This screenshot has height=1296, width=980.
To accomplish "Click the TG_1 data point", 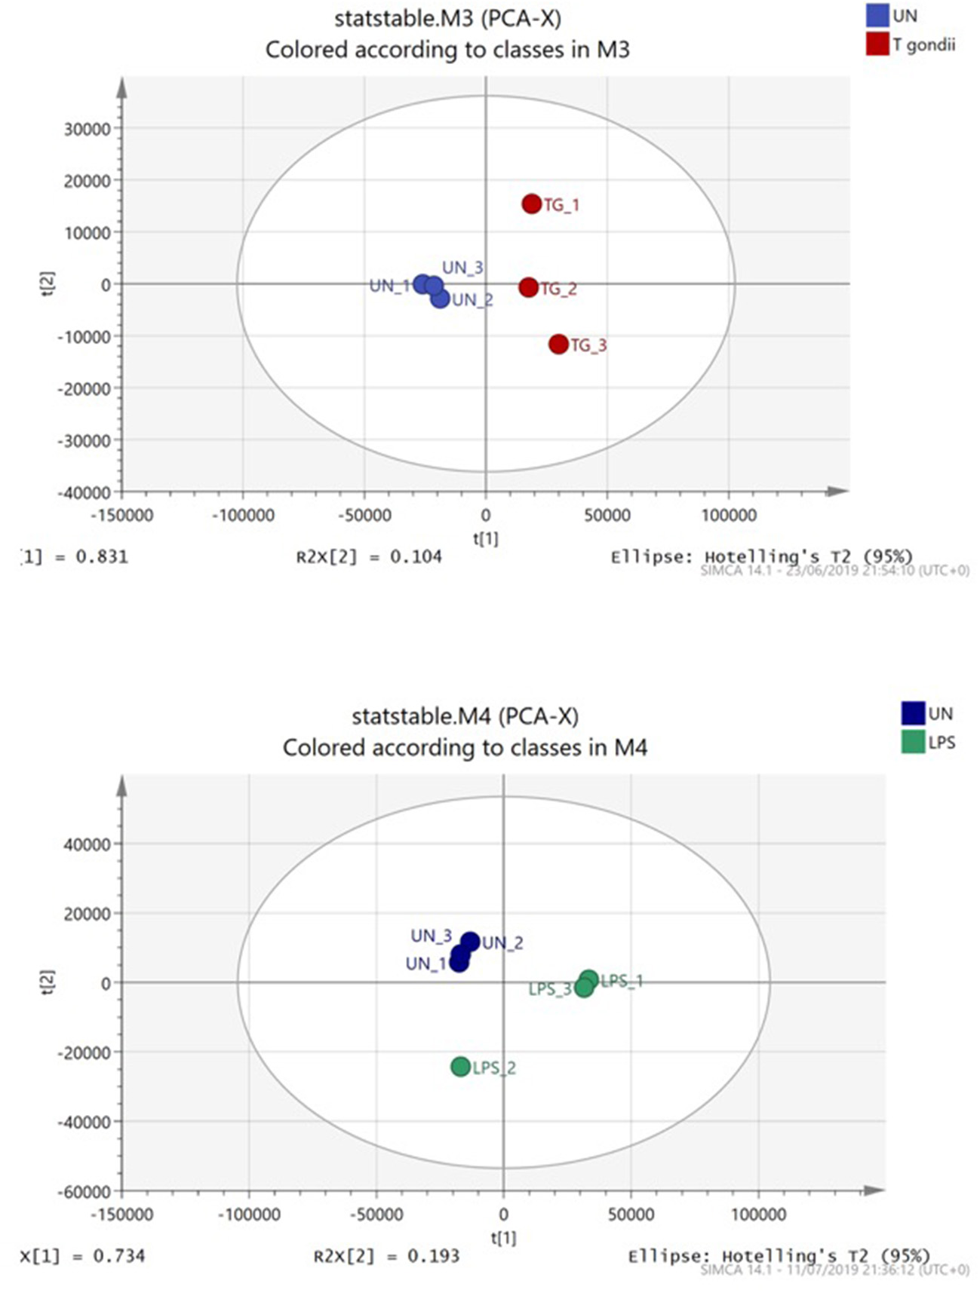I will (532, 204).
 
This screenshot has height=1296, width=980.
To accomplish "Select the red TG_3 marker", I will (558, 345).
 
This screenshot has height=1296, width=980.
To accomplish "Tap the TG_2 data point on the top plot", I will (529, 287).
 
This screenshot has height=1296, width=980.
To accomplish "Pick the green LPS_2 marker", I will (461, 1067).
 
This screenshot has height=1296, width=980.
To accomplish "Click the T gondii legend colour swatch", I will (877, 44).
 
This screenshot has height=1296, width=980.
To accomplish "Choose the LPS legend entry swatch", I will (913, 743).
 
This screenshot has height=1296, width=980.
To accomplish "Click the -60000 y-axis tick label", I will (84, 1192).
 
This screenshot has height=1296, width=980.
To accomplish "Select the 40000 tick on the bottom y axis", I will (88, 844).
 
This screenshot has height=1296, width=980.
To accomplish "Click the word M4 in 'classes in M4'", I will (631, 748).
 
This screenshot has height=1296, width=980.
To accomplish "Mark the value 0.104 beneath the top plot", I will (416, 557).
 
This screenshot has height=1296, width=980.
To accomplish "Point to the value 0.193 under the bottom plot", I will (434, 1256).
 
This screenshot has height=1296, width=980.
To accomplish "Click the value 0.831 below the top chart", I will (102, 557).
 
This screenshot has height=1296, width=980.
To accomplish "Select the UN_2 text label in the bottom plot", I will (502, 943).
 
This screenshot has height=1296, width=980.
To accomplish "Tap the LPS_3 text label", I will (550, 989).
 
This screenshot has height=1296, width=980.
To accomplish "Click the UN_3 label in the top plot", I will (462, 268).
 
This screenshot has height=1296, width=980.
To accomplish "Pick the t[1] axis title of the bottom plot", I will (503, 1237).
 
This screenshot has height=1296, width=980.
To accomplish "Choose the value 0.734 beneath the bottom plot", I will (119, 1256).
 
